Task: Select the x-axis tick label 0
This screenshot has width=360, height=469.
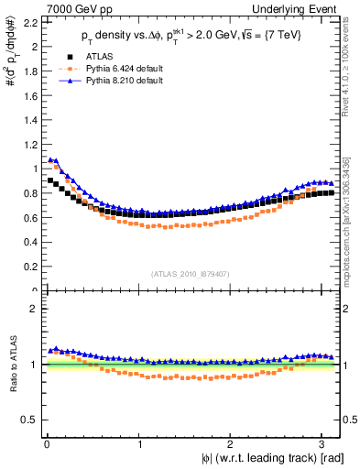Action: tap(47, 444)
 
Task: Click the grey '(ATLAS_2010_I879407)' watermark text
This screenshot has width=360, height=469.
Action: tap(190, 272)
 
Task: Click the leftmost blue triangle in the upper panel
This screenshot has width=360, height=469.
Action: tap(50, 159)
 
